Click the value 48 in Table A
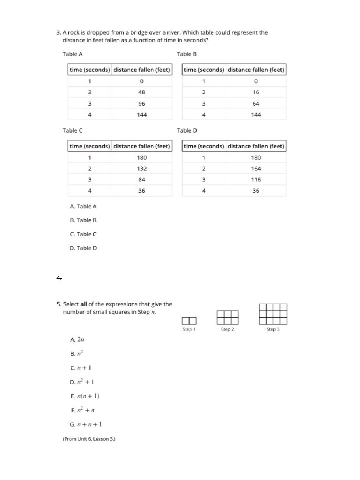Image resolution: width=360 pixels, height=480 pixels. (x=142, y=92)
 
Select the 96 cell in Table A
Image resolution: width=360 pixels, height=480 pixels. (x=142, y=104)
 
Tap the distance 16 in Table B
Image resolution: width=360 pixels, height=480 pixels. (x=256, y=92)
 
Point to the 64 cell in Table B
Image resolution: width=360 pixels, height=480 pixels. (x=256, y=104)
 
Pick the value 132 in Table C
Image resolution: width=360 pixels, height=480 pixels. (x=142, y=169)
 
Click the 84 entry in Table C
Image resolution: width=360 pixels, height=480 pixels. (x=142, y=180)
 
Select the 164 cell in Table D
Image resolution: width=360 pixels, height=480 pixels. (x=256, y=169)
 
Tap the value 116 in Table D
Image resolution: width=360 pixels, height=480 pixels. (x=256, y=180)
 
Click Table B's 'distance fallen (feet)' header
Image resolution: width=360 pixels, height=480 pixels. (x=256, y=70)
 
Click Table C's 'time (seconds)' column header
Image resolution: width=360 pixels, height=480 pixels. (x=90, y=146)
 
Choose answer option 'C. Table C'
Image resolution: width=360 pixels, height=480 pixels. (x=83, y=234)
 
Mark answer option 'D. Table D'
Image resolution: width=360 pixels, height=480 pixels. (x=83, y=248)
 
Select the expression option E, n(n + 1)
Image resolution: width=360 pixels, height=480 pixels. (x=85, y=396)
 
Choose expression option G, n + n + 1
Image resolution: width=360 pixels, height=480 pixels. (x=86, y=424)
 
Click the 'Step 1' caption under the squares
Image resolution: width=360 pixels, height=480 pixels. (x=189, y=329)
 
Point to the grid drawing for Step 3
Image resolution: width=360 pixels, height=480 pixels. (x=273, y=314)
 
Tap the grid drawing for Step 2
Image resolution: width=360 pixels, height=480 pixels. (x=227, y=317)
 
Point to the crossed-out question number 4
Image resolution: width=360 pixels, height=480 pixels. (x=59, y=278)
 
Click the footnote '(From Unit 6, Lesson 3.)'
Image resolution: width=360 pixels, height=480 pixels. (x=89, y=439)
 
